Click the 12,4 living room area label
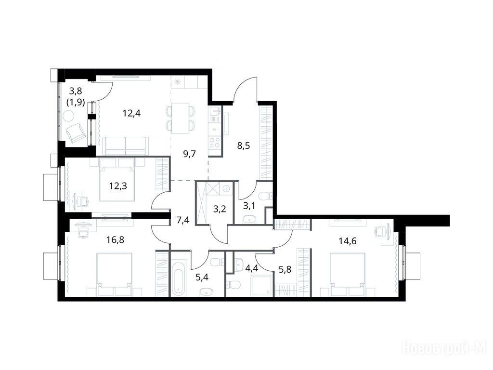(131, 113)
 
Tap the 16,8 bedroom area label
(115, 240)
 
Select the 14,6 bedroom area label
(348, 241)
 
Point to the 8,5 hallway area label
(243, 145)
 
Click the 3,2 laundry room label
(220, 209)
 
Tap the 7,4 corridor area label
(183, 220)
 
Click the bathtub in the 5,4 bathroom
(178, 274)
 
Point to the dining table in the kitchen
(180, 119)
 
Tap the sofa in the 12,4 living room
(126, 146)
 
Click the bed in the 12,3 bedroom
(117, 180)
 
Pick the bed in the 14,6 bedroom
(348, 274)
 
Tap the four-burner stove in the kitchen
(215, 143)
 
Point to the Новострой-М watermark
(444, 348)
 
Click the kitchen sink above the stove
(215, 111)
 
